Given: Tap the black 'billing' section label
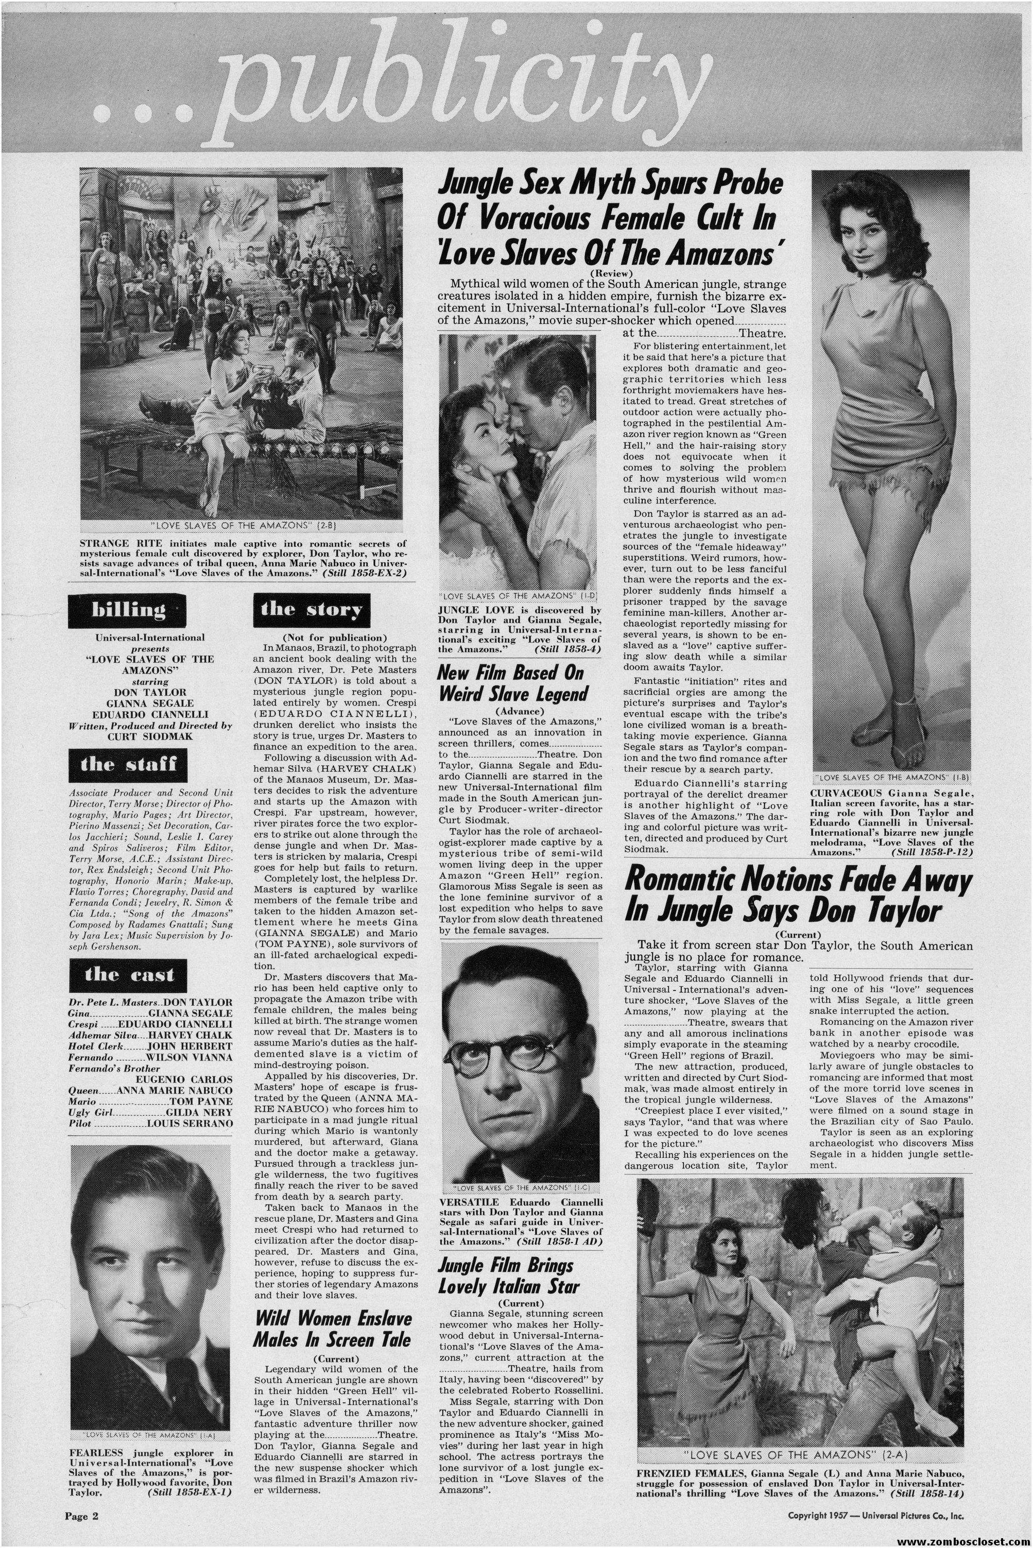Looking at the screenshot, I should (128, 610).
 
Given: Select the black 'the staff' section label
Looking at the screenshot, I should (128, 764).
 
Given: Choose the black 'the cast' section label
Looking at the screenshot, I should (128, 974).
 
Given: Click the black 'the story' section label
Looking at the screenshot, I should (311, 609).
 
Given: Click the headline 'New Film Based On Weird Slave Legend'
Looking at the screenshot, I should (512, 683).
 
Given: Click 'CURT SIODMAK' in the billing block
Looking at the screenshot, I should (150, 736).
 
